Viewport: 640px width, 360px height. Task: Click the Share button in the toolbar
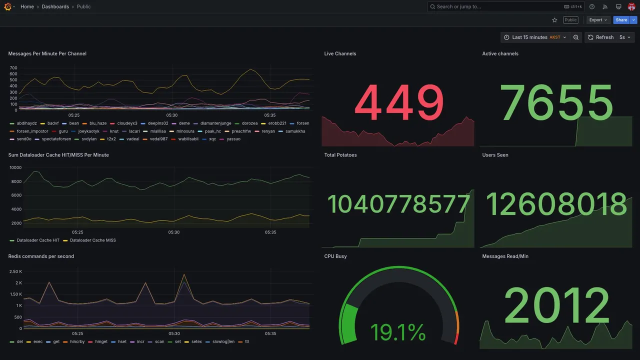(621, 20)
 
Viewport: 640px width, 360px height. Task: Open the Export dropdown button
(598, 20)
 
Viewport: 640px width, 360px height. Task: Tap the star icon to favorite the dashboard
(554, 20)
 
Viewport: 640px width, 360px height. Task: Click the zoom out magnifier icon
(576, 37)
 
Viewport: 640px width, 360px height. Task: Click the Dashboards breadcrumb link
(55, 6)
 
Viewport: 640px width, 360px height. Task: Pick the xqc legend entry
(212, 139)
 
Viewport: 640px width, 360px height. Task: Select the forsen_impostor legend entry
(32, 131)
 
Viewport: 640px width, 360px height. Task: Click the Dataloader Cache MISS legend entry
(92, 240)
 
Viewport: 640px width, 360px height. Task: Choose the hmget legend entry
(101, 342)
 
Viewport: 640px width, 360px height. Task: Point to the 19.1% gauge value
(398, 332)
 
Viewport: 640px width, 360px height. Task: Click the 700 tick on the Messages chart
(13, 68)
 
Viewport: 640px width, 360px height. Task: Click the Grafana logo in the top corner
(7, 6)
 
